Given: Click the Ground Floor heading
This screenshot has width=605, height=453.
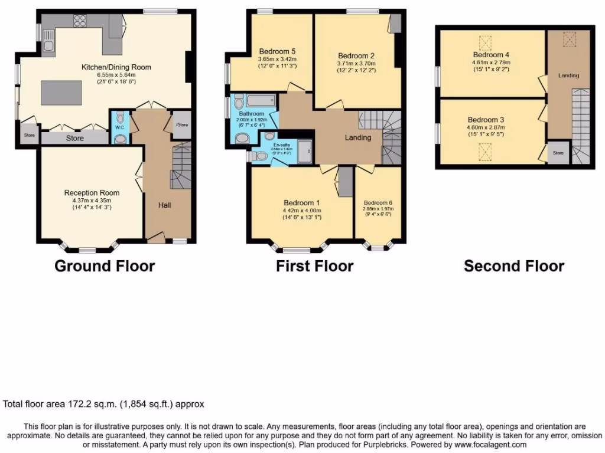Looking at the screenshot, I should [x=105, y=266].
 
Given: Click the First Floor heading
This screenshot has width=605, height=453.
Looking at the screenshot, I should [x=314, y=266].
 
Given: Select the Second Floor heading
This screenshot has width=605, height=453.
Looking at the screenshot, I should [x=513, y=266].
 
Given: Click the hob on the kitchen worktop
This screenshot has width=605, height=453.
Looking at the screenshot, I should [x=79, y=21].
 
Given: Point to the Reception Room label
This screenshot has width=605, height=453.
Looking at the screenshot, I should [x=92, y=193].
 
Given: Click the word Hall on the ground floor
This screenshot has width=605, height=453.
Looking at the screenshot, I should [x=164, y=205].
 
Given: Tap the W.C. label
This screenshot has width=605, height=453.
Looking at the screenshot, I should [x=119, y=127].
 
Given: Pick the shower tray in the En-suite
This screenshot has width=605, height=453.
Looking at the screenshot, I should [x=305, y=151].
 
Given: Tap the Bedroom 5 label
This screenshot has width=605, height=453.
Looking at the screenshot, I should [x=277, y=51].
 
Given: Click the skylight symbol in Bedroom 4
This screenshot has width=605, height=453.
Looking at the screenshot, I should [x=485, y=44].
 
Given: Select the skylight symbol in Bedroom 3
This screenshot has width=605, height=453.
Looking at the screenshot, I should [x=485, y=155].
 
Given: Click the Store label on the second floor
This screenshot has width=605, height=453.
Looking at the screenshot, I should [x=558, y=153].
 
